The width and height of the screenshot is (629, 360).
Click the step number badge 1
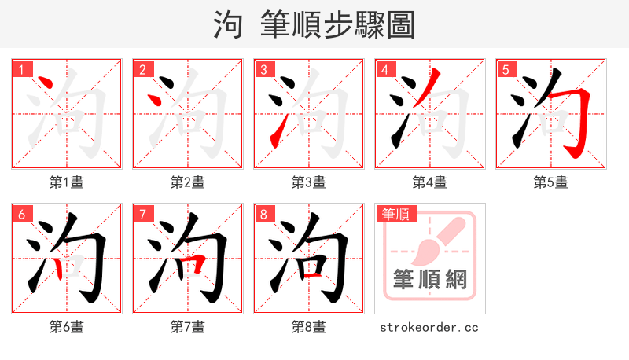21,69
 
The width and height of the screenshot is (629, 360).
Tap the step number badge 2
142,69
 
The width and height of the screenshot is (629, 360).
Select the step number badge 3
263,69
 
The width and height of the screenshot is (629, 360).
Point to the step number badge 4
384,69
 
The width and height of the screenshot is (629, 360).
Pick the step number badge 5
506,69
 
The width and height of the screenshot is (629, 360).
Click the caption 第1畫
67,182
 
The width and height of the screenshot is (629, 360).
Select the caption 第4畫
430,182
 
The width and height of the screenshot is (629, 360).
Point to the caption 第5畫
551,182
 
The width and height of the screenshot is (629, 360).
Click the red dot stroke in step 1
44,84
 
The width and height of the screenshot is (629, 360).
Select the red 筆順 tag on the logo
396,214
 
